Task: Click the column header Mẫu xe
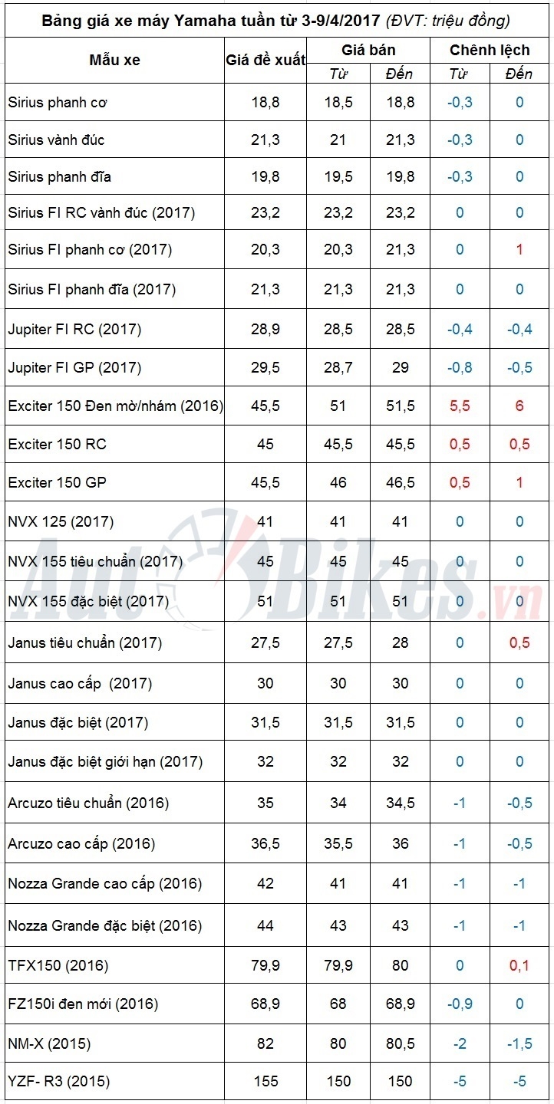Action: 115,60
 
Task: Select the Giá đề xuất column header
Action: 265,60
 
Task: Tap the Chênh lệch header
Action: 490,51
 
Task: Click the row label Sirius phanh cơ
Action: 58,102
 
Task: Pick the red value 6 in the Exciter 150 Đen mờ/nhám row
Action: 519,406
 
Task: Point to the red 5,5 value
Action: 460,406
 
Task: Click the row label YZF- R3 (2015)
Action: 59,1082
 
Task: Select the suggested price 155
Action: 265,1082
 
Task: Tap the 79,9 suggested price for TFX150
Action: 265,965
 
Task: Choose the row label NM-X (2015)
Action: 50,1044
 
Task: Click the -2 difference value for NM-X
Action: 460,1044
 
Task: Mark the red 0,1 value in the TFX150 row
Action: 519,965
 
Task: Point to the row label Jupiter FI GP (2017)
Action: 74,368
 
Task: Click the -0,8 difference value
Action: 460,368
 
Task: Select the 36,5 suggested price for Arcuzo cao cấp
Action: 265,844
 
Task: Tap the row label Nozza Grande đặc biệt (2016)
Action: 105,926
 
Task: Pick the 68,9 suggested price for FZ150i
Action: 265,1004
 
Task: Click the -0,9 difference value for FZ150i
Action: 460,1004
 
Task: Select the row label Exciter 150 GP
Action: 58,483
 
